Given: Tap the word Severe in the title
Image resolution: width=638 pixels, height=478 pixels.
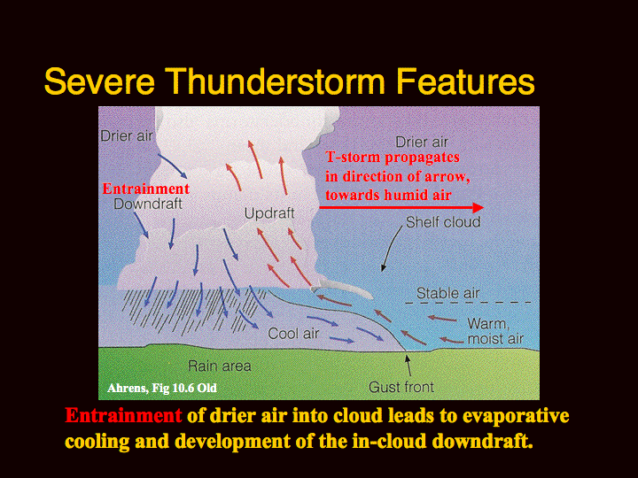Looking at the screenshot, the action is [99, 81].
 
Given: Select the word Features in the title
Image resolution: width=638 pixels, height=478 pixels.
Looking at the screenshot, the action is [465, 81].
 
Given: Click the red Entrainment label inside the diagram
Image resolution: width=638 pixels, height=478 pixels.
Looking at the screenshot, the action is [145, 189].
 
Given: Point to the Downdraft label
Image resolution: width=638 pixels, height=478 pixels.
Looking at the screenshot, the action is [148, 204].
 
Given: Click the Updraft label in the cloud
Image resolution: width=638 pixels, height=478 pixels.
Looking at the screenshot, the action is [269, 213].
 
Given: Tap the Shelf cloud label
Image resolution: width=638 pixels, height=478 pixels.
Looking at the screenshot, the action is [443, 222].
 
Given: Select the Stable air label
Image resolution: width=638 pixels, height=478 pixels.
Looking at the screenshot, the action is [448, 293].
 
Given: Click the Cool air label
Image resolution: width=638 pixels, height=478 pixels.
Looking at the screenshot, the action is [293, 334].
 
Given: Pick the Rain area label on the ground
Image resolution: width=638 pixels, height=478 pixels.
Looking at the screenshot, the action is [220, 366].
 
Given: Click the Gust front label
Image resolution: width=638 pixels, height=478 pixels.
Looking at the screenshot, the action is [401, 387].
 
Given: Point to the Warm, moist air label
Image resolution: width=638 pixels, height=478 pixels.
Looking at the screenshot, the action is [495, 331].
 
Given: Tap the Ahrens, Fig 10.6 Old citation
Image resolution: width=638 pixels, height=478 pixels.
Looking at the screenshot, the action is [162, 388].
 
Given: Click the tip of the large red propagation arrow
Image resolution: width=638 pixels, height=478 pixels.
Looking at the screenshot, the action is [484, 208].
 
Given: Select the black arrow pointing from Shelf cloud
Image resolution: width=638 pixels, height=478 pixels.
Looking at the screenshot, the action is [391, 247].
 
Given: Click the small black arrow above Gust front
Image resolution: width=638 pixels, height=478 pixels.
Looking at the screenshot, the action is [408, 365].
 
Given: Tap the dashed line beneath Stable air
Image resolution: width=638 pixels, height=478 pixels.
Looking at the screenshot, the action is [469, 303].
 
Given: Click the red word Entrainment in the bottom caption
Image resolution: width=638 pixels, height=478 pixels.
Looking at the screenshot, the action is [123, 415].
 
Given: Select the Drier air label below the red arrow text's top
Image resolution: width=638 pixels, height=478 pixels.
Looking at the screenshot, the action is [422, 143].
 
